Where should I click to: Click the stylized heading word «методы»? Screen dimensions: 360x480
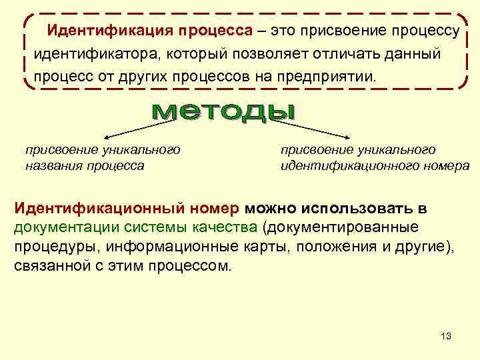[223, 113]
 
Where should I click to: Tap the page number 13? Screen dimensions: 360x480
[445, 335]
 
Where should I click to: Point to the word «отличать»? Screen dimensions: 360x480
[336, 53]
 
